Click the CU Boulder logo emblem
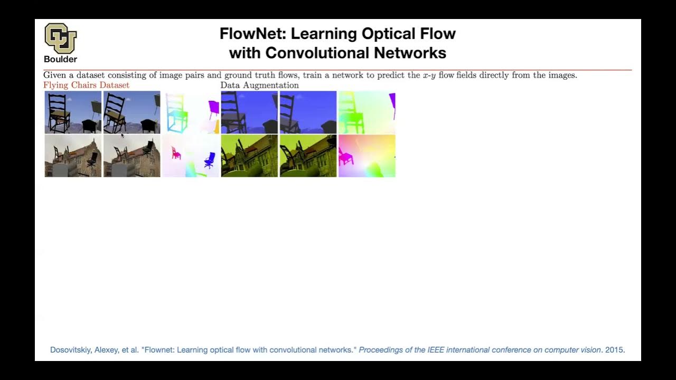(60, 37)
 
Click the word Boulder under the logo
(60, 59)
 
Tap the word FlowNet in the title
(253, 34)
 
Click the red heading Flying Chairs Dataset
(86, 85)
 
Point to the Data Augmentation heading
(259, 85)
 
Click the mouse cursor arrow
(122, 136)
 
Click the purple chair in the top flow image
(213, 109)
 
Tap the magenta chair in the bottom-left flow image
(176, 154)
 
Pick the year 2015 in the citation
(615, 350)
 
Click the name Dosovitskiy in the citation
(70, 350)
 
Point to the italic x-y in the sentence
(429, 75)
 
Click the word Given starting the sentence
(54, 75)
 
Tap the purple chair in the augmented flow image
(392, 105)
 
